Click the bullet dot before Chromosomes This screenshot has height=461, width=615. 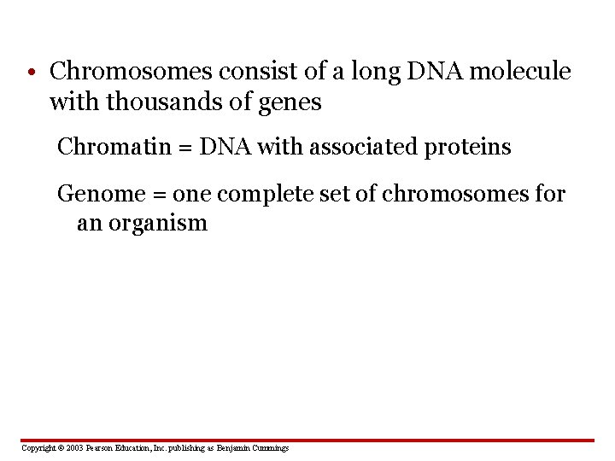(x=30, y=73)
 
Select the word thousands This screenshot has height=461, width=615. (x=171, y=103)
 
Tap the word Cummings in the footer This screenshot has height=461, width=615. (x=269, y=448)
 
